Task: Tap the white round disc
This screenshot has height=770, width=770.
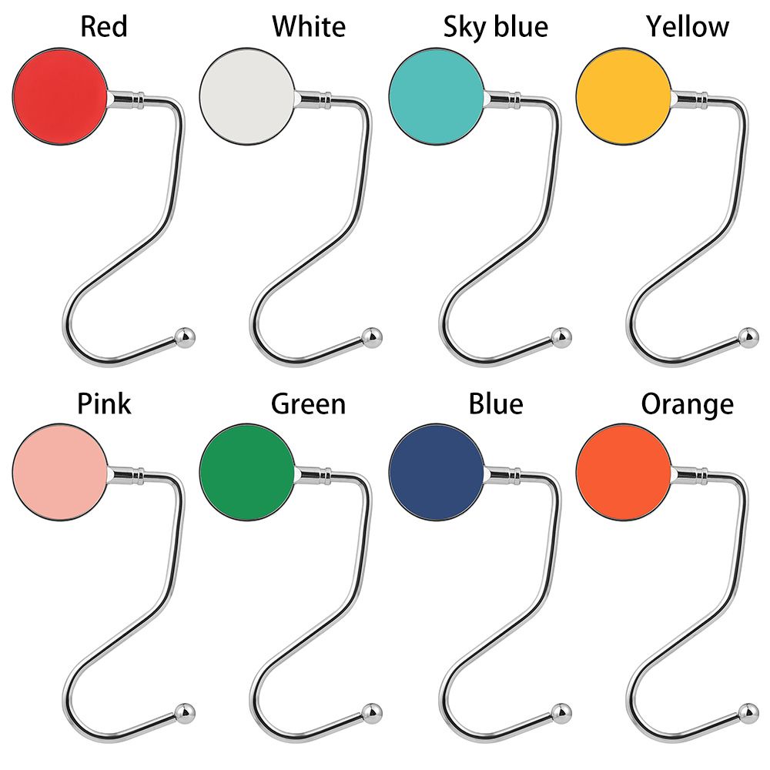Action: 247,96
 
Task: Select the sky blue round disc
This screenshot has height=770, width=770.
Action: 437,96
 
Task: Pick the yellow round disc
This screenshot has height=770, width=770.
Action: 624,96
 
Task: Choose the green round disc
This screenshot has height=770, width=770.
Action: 247,472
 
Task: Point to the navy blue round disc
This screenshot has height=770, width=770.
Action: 437,472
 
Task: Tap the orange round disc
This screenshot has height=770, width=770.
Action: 624,472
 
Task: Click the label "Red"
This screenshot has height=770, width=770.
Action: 104,27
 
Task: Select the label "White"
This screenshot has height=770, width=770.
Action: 308,27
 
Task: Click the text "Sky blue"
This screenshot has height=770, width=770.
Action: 495,27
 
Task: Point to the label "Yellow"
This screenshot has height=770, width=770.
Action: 687,27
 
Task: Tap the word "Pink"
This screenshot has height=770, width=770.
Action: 104,403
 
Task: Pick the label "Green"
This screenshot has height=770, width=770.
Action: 308,403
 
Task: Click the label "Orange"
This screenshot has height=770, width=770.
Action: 687,403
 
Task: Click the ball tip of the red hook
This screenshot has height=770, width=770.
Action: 186,336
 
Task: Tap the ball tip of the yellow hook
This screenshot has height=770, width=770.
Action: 748,336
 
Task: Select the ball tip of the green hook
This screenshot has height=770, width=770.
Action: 373,712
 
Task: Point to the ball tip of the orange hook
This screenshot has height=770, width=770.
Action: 748,712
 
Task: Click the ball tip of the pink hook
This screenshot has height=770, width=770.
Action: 186,712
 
